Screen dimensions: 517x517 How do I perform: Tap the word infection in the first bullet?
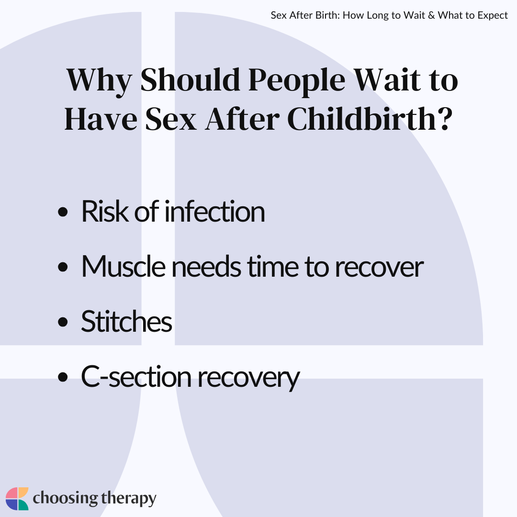click(x=214, y=212)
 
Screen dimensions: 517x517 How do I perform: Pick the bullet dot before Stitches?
click(x=62, y=323)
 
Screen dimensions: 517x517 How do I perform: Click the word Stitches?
click(x=126, y=322)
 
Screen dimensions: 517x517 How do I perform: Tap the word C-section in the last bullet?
click(x=136, y=377)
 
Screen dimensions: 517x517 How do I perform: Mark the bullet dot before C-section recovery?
click(x=62, y=378)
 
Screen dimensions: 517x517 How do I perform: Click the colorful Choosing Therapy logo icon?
click(x=17, y=499)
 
